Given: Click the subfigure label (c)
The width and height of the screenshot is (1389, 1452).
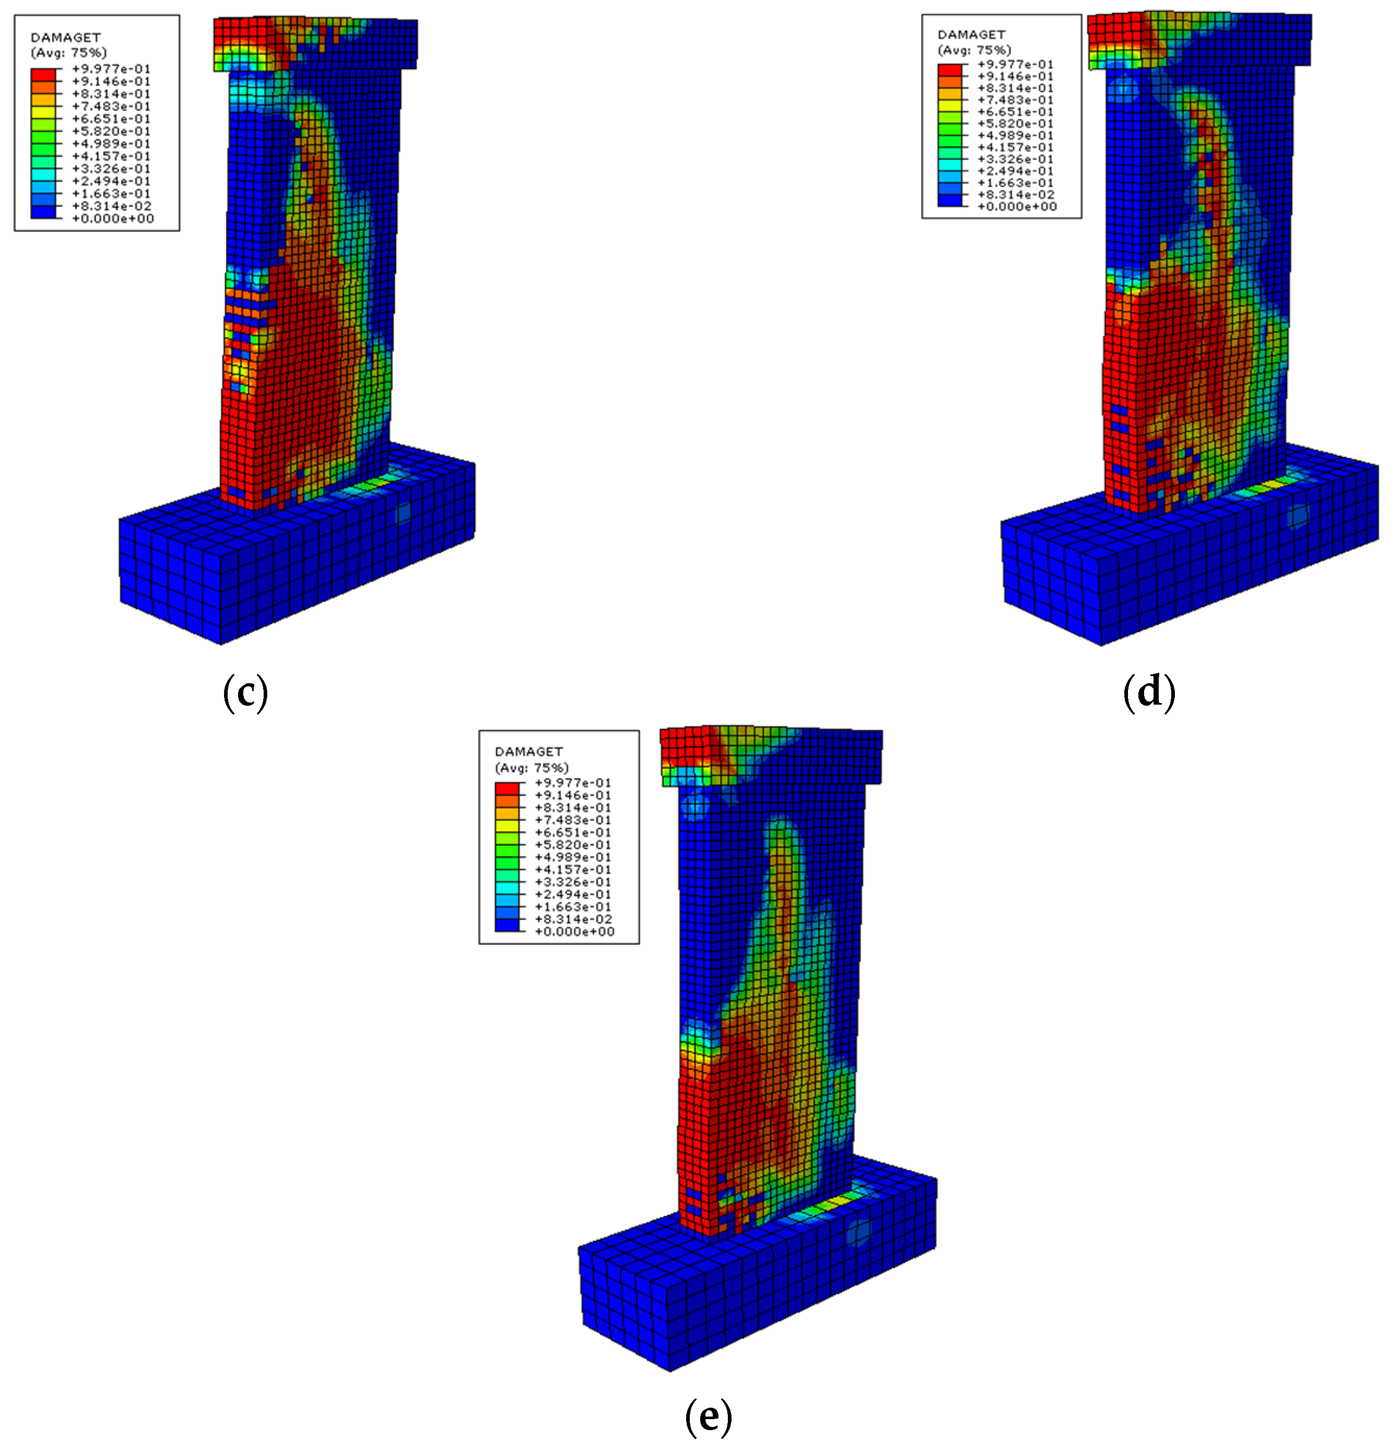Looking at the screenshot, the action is click(245, 692).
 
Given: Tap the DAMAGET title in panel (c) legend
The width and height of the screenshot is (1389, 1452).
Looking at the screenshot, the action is click(65, 38).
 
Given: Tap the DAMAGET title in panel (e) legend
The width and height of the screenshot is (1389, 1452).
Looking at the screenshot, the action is click(529, 751).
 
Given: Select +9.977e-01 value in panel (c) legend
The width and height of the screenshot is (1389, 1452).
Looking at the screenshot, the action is click(111, 69).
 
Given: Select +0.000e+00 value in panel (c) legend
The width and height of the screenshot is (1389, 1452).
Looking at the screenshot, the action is click(113, 218).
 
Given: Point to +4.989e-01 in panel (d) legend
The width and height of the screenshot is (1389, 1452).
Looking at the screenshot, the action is click(1016, 136).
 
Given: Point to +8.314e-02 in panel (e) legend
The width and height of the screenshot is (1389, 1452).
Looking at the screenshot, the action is click(574, 919).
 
